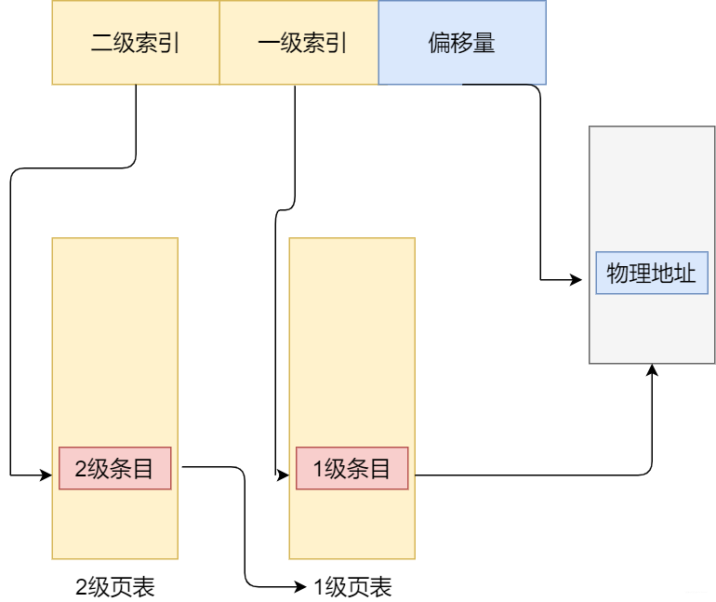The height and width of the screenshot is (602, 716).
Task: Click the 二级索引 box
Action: [136, 43]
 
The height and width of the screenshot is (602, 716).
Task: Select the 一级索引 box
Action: [298, 43]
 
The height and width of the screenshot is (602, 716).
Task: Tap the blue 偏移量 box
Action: [462, 43]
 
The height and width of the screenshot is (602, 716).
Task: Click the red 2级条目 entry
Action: [115, 468]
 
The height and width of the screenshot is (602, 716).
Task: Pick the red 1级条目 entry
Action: [352, 468]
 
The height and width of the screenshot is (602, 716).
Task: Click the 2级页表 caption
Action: [115, 587]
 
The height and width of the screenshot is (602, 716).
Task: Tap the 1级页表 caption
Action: [352, 587]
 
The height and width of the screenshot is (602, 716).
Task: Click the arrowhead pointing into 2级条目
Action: [46, 475]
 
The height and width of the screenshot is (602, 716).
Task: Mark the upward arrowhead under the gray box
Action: [653, 369]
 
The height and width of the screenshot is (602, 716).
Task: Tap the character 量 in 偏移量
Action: [484, 44]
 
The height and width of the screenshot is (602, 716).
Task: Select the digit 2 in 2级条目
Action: [80, 469]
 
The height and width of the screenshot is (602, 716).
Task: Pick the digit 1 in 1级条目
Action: [317, 469]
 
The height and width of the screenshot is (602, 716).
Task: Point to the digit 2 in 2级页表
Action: [81, 588]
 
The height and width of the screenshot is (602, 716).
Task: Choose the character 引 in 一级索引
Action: [336, 44]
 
